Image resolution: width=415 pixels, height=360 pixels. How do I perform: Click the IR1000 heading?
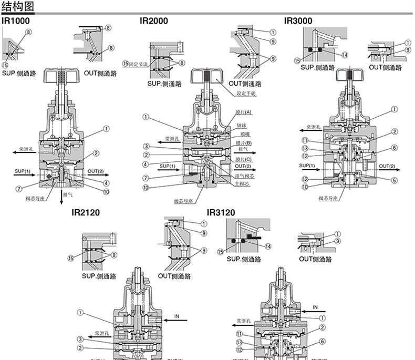pos(16,21)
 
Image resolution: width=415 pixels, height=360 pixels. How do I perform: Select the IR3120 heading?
pos(221,212)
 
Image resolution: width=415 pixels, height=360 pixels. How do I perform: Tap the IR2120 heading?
pos(86,212)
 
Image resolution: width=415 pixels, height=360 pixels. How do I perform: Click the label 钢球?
pos(241,126)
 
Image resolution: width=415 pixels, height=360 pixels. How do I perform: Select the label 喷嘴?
pos(241,135)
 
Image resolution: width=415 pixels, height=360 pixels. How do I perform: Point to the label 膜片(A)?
pos(244,112)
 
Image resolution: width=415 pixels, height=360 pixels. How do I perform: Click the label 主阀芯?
pos(241,183)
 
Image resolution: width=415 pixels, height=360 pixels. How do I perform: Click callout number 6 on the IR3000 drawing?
pos(393,148)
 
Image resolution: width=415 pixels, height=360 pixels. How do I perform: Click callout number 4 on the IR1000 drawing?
pos(106,183)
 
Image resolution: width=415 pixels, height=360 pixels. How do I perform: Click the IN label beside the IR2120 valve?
pos(177,317)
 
